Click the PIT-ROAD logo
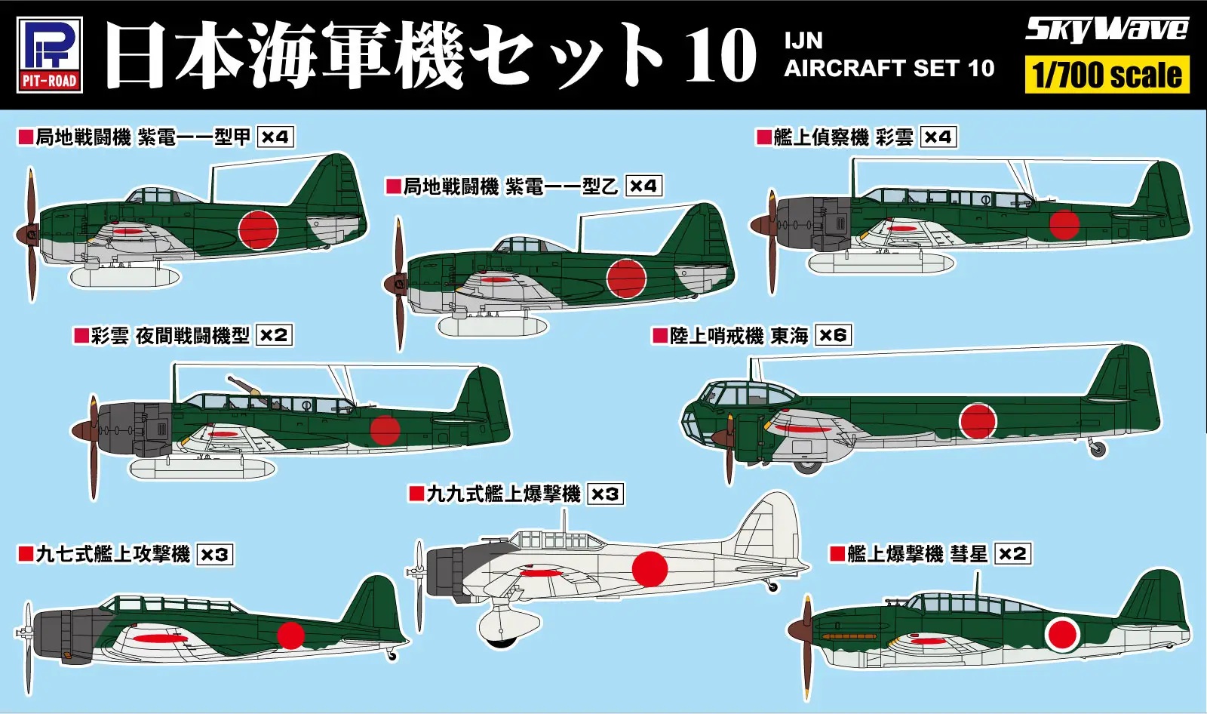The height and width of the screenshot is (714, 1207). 50,54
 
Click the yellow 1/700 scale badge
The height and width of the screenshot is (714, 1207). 1107,75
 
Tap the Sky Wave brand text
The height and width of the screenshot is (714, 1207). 1106,29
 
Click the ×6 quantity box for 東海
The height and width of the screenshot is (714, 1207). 833,335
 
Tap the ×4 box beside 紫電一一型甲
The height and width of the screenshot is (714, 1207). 275,137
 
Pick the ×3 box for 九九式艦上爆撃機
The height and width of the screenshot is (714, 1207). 605,494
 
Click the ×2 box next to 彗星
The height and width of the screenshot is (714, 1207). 1012,554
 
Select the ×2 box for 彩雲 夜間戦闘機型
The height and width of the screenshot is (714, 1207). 274,335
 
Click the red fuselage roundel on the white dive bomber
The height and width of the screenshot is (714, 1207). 649,569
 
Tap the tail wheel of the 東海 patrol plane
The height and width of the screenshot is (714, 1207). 1098,450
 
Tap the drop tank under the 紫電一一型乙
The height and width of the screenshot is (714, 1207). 493,326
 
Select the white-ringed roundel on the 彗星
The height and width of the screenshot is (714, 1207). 1062,635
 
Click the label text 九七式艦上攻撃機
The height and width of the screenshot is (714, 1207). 113,555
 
